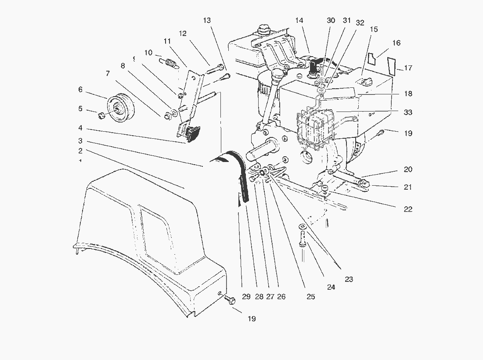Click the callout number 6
point(80,90)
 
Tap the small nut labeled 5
point(100,115)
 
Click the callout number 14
point(299,21)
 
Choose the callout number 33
point(408,112)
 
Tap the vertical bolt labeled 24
point(303,240)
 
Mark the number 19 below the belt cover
point(251,319)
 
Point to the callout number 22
point(408,209)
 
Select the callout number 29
point(246,297)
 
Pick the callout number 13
point(207,21)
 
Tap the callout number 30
point(331,21)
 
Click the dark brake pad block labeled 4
point(193,134)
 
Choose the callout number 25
point(310,297)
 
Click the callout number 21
point(408,187)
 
